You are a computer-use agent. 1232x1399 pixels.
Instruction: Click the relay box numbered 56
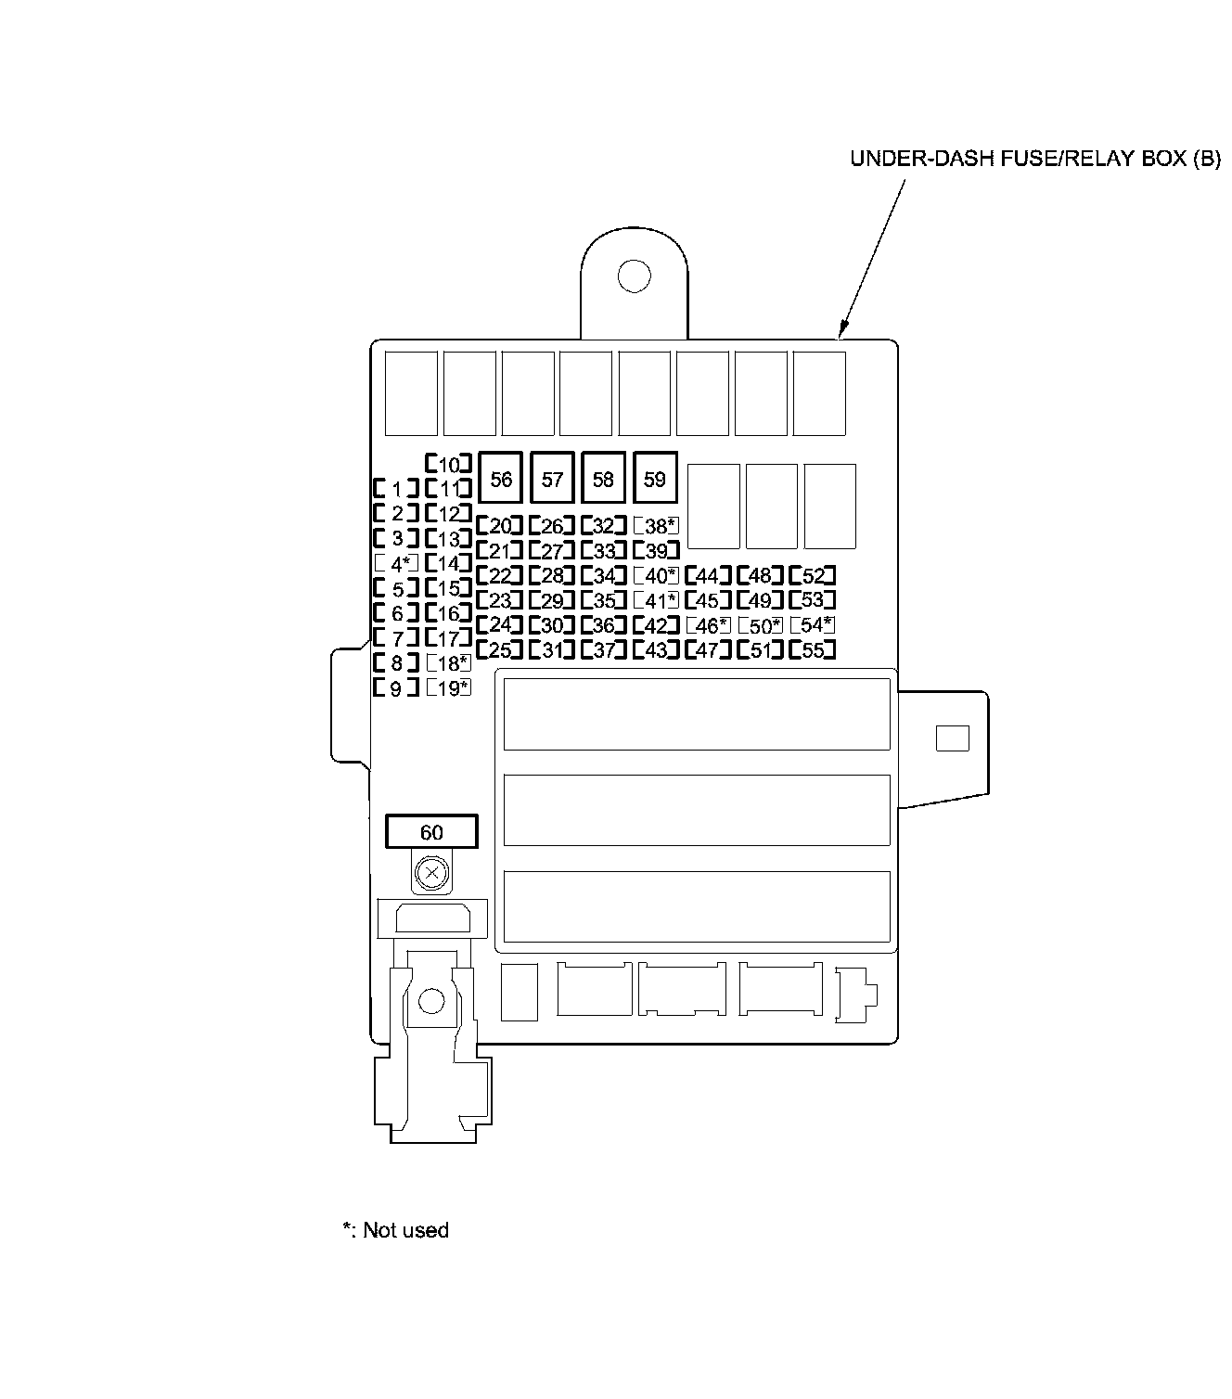click(501, 479)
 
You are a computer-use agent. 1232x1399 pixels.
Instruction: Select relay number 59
click(655, 479)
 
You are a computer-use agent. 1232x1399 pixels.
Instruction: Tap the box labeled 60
click(431, 832)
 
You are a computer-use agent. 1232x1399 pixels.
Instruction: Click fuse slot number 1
click(396, 489)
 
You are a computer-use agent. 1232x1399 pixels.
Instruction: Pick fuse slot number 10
click(449, 464)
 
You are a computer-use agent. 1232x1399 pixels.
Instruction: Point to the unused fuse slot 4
click(396, 563)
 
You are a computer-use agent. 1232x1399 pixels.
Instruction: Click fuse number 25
click(500, 650)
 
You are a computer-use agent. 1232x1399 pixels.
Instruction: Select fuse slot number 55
click(812, 650)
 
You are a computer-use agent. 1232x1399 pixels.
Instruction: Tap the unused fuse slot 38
click(656, 526)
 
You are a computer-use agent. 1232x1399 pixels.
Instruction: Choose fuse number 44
click(708, 576)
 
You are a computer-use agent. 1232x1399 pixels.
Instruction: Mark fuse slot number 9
click(396, 688)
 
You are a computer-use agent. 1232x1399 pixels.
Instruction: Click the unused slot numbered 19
click(449, 688)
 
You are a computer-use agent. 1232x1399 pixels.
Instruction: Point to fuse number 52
click(812, 576)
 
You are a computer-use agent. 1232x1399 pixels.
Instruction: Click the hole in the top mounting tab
click(635, 276)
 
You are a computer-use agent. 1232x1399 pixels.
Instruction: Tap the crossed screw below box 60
click(431, 873)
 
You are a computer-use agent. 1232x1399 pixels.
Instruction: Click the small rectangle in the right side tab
click(952, 738)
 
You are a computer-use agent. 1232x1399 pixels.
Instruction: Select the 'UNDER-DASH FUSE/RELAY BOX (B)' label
click(1035, 158)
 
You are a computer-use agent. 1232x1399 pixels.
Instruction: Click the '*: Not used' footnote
click(396, 1230)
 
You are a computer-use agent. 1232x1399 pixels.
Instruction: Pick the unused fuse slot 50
click(760, 626)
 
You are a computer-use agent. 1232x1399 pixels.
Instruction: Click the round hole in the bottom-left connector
click(431, 1001)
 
